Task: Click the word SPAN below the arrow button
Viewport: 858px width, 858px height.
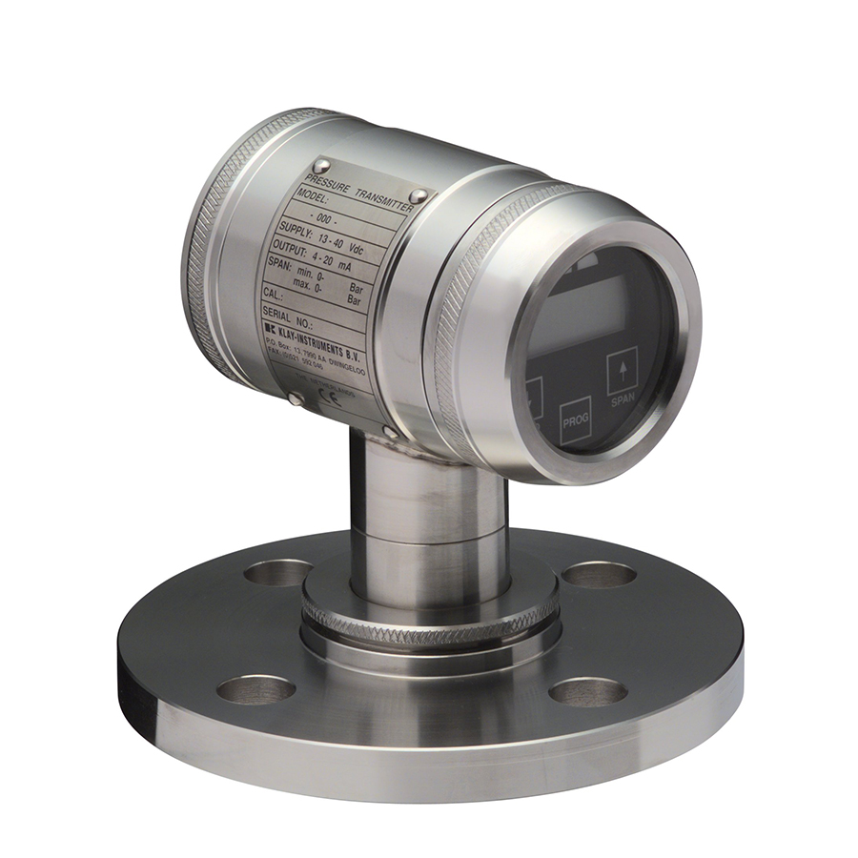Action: tap(623, 402)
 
